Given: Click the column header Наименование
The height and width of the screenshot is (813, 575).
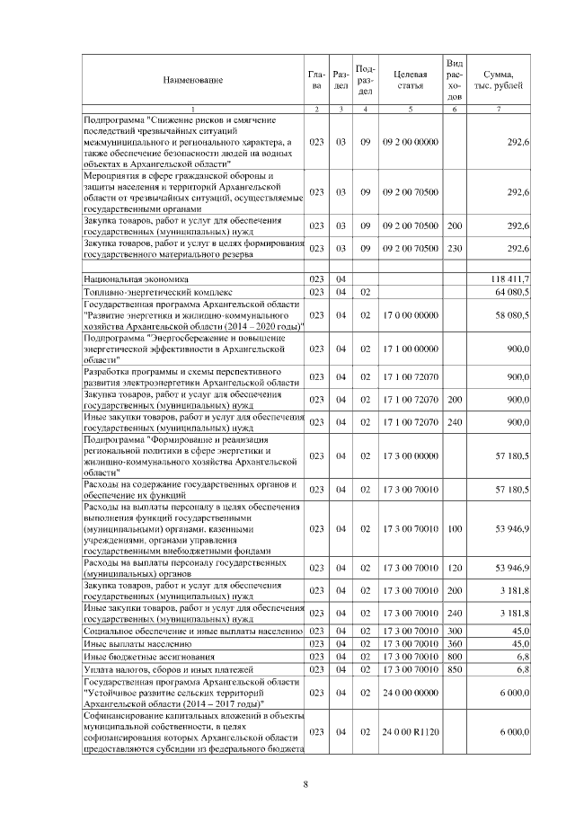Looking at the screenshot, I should [193, 81].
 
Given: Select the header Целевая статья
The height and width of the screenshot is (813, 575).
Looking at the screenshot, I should [410, 80].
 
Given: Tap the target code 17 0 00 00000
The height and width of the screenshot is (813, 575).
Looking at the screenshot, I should [410, 315].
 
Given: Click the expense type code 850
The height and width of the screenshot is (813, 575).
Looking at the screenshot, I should [455, 669].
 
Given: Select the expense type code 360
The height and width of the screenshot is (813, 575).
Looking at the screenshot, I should [455, 644].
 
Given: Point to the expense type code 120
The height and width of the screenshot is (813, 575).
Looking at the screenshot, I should [455, 568].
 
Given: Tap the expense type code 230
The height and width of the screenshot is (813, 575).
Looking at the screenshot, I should [455, 248].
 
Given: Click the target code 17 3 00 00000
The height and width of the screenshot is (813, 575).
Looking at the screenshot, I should [410, 456].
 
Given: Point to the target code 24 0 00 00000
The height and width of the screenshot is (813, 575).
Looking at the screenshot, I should [410, 694].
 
